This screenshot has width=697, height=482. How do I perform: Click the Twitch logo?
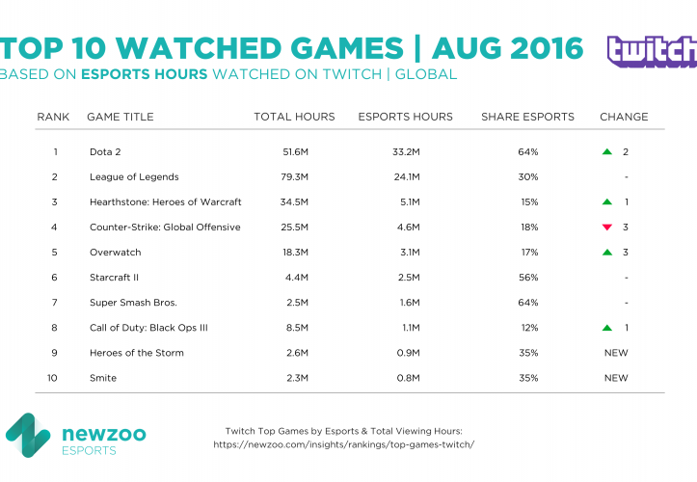click(651, 52)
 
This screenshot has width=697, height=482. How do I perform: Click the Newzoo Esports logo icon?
click(29, 436)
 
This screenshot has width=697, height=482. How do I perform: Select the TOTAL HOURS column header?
click(294, 117)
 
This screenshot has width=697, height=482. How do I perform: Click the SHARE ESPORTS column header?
click(527, 117)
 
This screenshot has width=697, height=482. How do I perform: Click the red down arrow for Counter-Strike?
click(606, 228)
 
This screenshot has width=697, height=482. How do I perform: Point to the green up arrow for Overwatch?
click(606, 253)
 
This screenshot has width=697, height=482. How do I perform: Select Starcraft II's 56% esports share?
click(527, 278)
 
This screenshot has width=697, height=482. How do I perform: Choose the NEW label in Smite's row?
click(616, 378)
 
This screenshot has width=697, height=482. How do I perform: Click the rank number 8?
click(56, 328)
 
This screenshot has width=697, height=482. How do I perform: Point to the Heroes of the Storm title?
click(135, 353)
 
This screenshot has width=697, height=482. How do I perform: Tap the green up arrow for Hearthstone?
click(606, 202)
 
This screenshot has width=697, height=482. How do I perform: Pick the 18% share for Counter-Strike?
click(527, 228)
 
